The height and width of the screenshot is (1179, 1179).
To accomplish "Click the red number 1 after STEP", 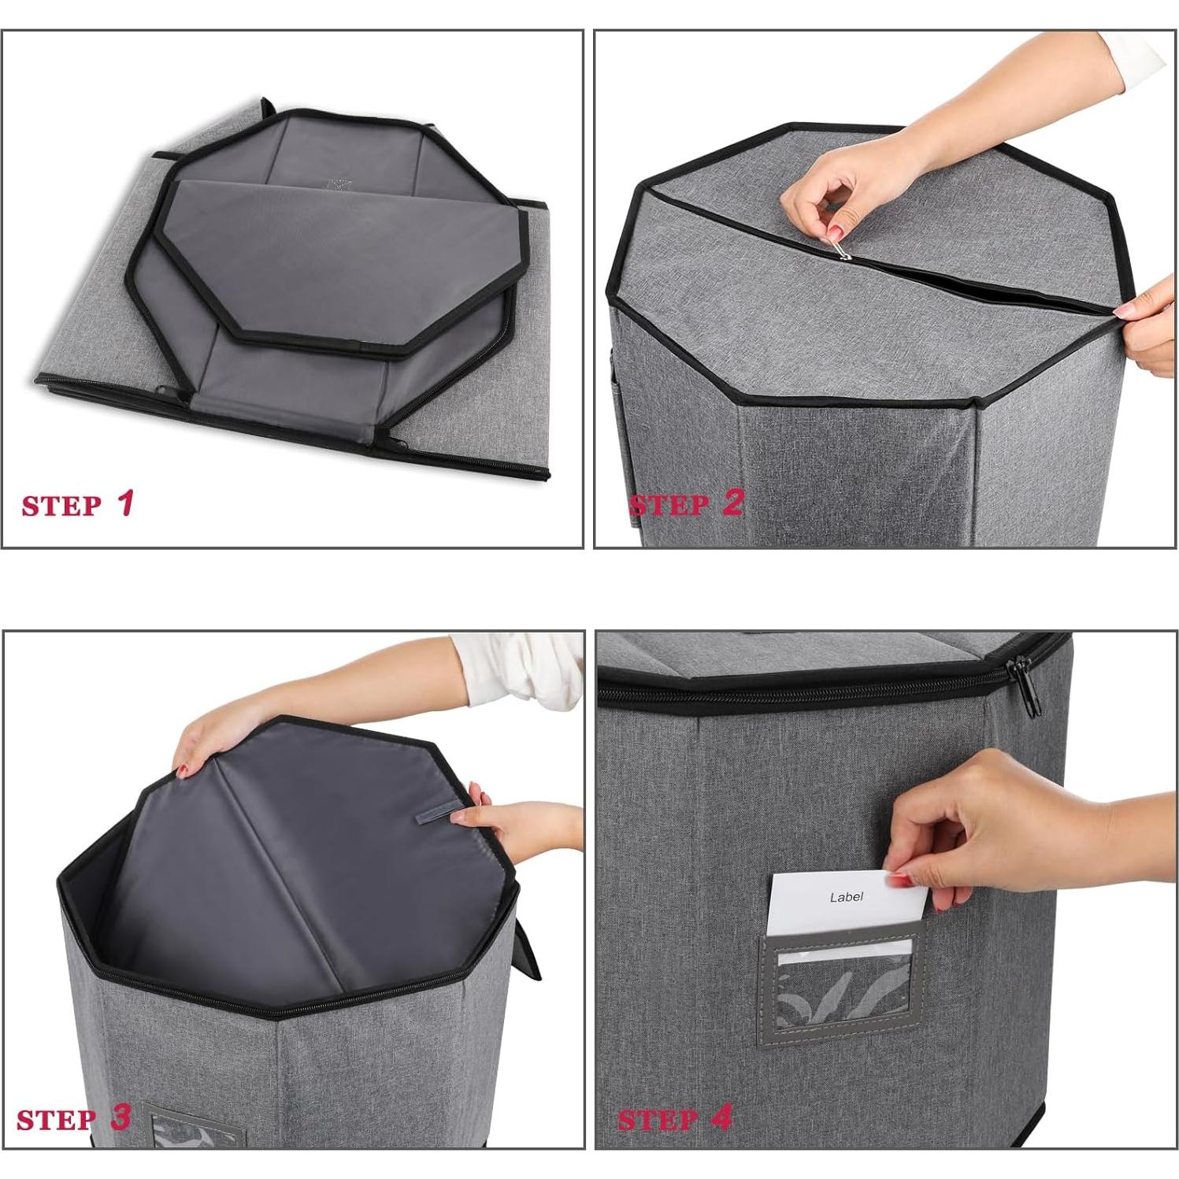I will click(x=126, y=503).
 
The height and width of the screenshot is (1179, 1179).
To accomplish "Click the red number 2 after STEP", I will click(x=732, y=502).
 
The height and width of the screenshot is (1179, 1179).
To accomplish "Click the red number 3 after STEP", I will click(x=120, y=1117).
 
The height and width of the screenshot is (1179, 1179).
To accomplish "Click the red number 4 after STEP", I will click(x=721, y=1117).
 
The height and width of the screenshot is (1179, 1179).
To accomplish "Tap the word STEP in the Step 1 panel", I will click(x=61, y=506).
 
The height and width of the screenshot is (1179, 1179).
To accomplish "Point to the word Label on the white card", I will click(x=846, y=897).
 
